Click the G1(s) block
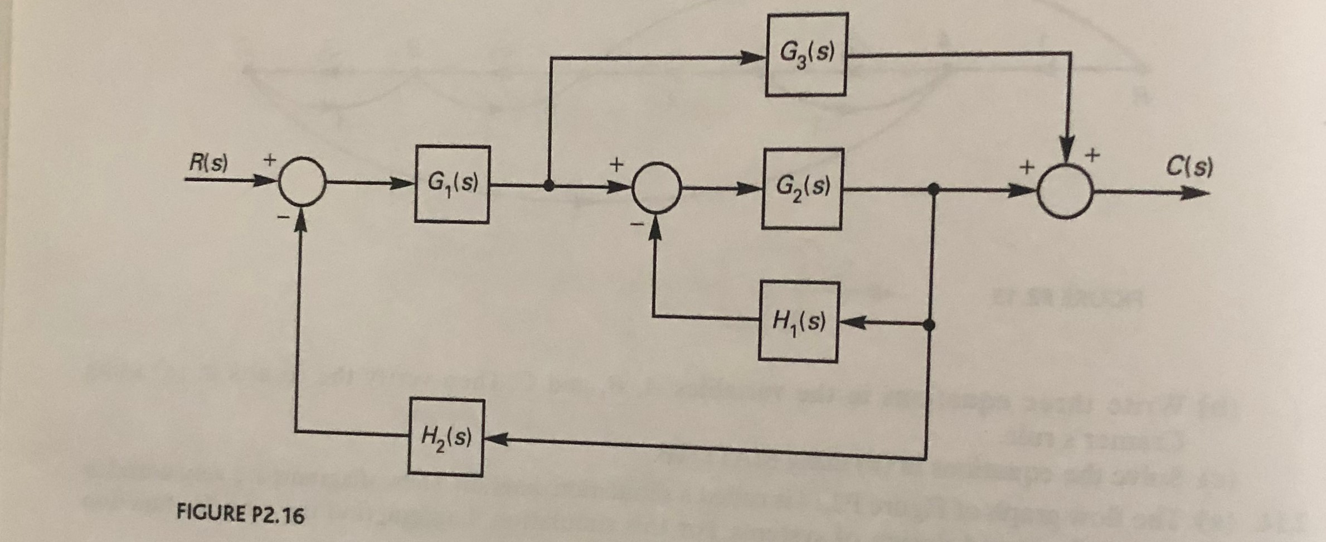(452, 184)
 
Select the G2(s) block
(802, 189)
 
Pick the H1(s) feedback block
(798, 322)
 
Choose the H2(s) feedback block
(446, 438)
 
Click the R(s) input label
(208, 163)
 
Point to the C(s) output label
(1189, 166)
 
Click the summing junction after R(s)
(302, 181)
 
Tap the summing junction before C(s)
(1065, 192)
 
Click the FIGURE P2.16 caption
(240, 514)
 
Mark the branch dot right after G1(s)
(549, 186)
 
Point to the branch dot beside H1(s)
(929, 325)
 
